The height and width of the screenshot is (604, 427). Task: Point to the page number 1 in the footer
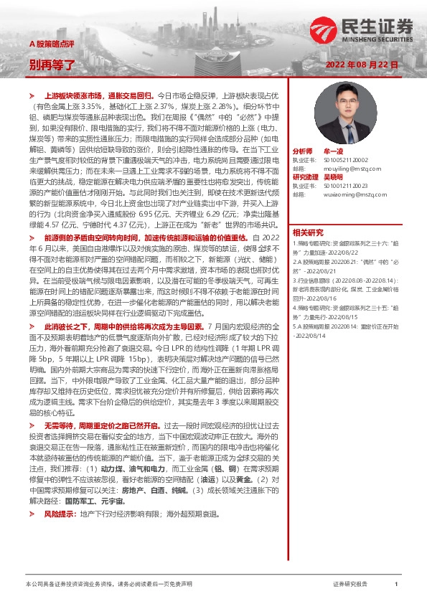click(x=396, y=585)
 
